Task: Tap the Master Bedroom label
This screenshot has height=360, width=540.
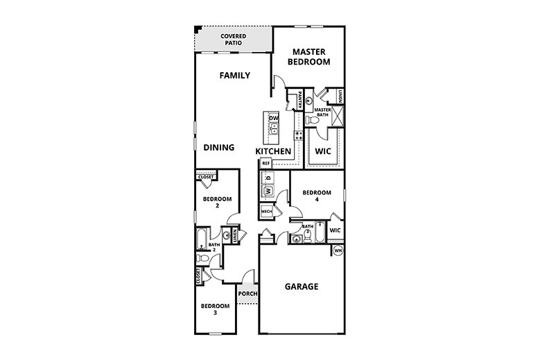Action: click(309, 56)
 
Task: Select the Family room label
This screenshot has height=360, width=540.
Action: click(234, 76)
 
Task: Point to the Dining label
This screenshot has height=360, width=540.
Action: click(218, 147)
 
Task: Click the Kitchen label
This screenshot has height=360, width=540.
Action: click(273, 151)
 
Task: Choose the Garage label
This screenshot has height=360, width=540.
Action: click(302, 286)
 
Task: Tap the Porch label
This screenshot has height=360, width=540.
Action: click(247, 293)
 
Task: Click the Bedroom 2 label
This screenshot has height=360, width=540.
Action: click(216, 202)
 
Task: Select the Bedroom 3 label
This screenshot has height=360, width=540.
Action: click(215, 309)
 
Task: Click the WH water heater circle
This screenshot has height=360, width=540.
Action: click(338, 250)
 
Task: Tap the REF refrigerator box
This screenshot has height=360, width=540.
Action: click(265, 163)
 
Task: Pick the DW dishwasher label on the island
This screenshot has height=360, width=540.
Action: click(273, 119)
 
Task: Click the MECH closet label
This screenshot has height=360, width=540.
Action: click(266, 210)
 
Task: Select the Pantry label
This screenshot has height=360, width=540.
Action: click(299, 101)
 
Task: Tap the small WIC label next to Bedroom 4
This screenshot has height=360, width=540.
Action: click(335, 230)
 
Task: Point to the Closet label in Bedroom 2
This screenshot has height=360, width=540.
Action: click(206, 177)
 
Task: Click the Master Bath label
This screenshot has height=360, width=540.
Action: click(322, 112)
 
